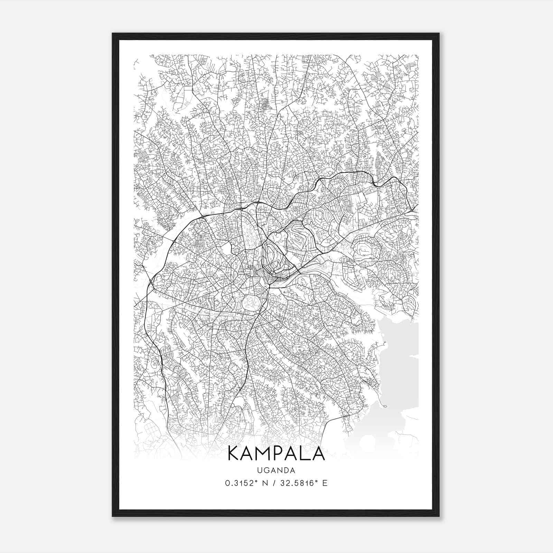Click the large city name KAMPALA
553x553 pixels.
click(x=276, y=454)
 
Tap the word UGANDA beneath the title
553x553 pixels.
click(x=276, y=470)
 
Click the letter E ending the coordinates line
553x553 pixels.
click(x=325, y=483)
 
